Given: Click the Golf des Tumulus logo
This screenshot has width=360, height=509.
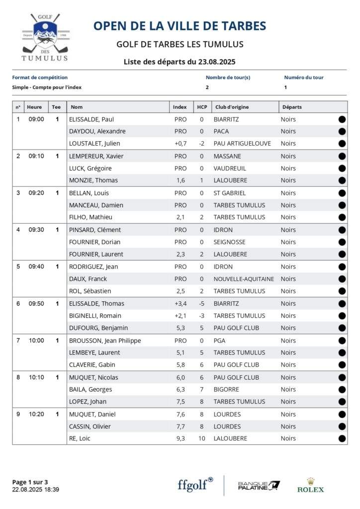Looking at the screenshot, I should tap(45, 37).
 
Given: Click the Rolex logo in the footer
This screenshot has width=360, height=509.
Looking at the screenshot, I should tap(310, 485).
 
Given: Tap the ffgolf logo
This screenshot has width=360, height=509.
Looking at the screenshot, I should tap(195, 485).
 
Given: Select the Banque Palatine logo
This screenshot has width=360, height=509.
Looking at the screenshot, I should tap(259, 485).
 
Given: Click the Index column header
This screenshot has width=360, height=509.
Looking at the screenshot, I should tap(180, 107).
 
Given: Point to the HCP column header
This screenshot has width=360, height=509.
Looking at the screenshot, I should tap(202, 107).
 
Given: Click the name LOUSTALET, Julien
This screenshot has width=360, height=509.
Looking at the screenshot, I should tap(94, 144).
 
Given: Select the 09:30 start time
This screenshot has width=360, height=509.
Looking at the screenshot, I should tap(36, 230).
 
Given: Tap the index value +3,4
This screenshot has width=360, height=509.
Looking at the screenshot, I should tap(180, 303).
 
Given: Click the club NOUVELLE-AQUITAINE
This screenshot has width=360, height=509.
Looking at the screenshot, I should tap(244, 279).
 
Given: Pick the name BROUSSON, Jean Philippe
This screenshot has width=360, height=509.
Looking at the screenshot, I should tap(105, 340).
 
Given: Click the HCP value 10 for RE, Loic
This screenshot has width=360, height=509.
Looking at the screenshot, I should tap(202, 438).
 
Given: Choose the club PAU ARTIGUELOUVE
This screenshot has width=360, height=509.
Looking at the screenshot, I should tap(242, 144).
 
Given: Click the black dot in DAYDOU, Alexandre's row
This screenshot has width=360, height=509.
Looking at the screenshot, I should tap(342, 131).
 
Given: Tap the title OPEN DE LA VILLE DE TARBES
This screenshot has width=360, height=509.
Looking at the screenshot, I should tap(180, 26).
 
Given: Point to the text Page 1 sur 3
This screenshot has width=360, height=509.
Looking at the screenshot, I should tap(30, 482).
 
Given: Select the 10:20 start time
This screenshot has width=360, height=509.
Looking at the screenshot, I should tap(36, 414).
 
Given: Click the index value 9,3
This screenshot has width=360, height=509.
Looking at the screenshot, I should tap(180, 438).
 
